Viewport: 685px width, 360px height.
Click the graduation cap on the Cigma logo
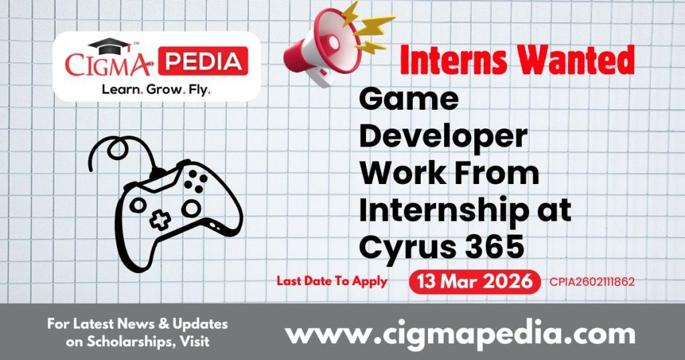coord(110,46)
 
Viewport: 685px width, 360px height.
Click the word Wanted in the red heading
coord(577,62)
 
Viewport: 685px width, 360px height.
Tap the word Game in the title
coord(409,100)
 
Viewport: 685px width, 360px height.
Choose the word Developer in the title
coord(443,137)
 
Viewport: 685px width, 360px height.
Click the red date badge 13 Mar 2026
coord(474,282)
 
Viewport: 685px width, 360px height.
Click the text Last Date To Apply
coord(332,281)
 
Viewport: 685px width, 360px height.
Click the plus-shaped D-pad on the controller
coord(159,220)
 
